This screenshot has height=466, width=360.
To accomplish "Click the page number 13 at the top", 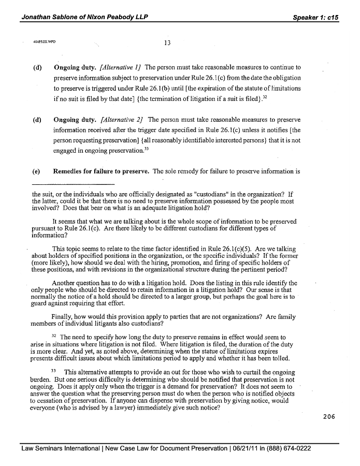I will click(x=167, y=43).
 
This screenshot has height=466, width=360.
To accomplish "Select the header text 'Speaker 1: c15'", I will click(x=315, y=17).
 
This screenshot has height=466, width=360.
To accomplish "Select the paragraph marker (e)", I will click(x=37, y=171).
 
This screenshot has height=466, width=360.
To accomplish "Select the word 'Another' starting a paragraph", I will click(x=65, y=283).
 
